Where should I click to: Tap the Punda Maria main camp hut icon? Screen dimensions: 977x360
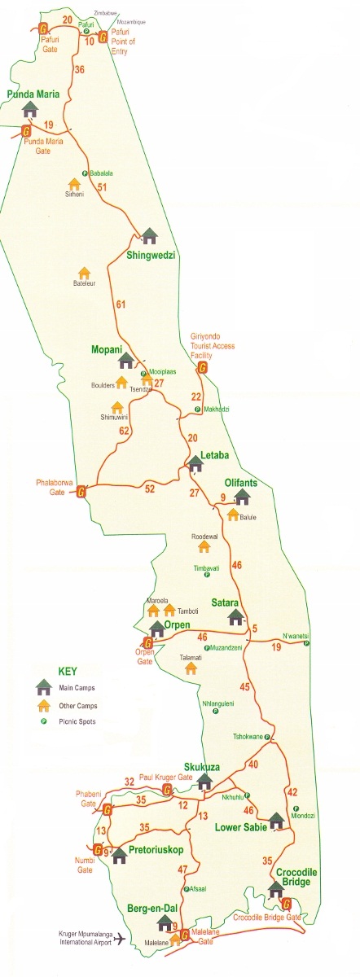(x=31, y=108)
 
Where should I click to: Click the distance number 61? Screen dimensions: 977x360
(x=121, y=305)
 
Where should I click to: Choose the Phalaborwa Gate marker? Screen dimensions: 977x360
(x=81, y=492)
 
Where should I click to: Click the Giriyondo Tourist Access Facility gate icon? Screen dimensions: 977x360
(x=201, y=367)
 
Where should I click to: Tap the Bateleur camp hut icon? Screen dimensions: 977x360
(x=83, y=273)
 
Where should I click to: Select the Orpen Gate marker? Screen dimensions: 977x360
(x=147, y=642)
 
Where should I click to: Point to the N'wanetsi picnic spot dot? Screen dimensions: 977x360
(x=306, y=644)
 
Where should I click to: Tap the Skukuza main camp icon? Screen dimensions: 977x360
(x=204, y=781)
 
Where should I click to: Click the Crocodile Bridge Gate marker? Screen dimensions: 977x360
(x=286, y=902)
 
